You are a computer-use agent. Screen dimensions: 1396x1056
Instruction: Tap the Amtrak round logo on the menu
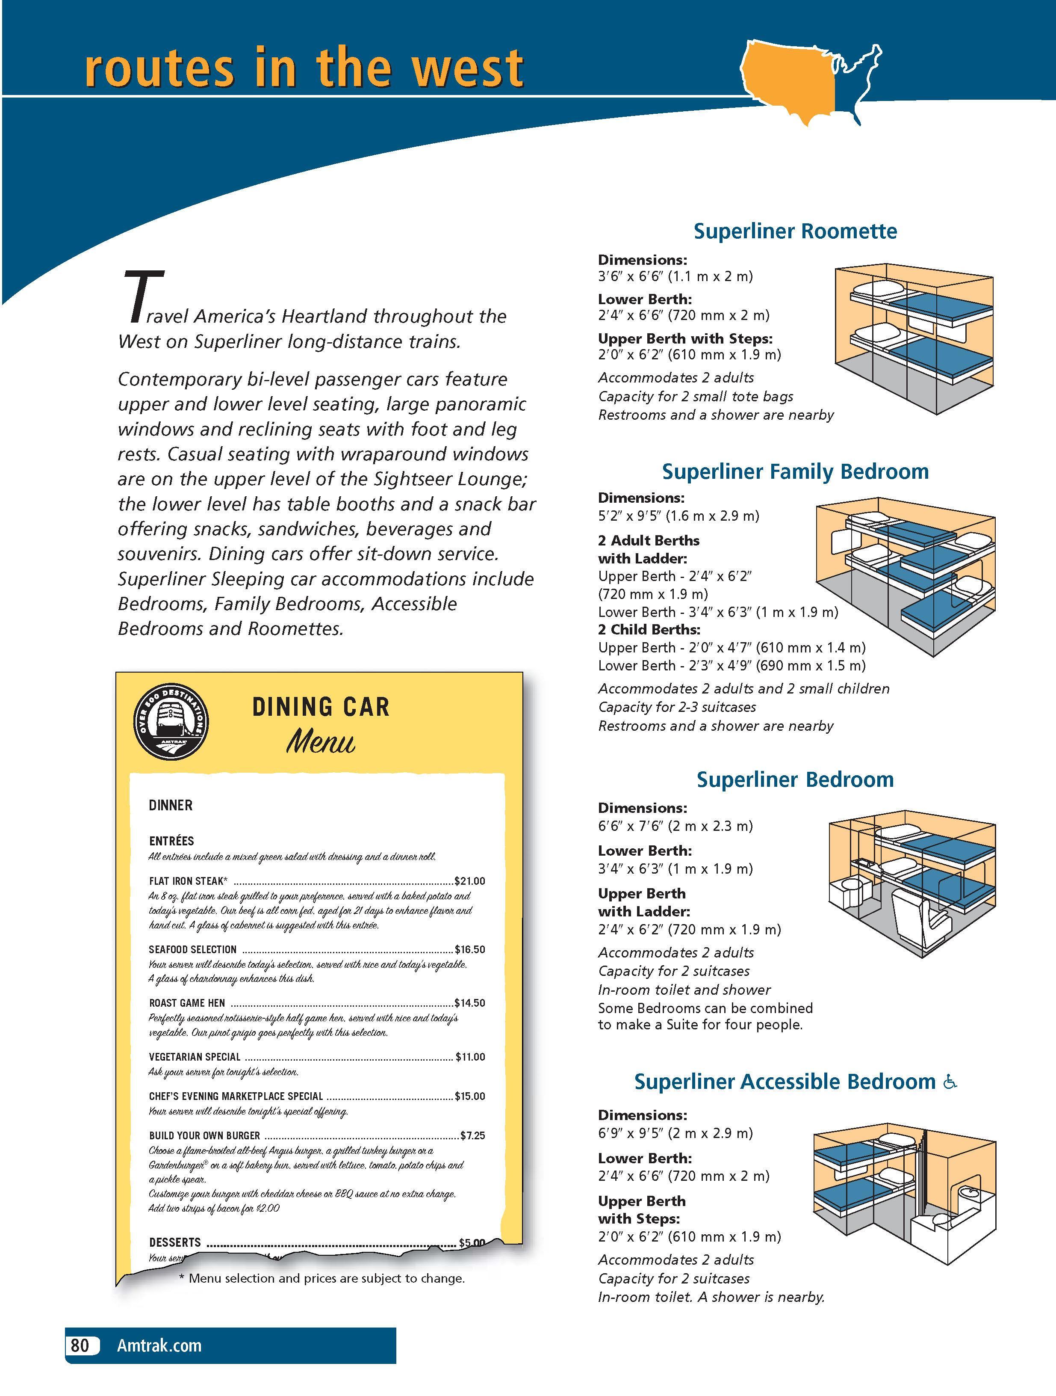click(x=171, y=723)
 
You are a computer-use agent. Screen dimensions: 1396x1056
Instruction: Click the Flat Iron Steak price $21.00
click(x=470, y=881)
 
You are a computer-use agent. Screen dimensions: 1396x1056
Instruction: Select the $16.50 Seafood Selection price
click(x=470, y=949)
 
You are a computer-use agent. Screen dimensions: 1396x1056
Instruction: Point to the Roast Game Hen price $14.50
click(x=470, y=1003)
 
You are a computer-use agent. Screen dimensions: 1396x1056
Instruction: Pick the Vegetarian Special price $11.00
click(x=471, y=1056)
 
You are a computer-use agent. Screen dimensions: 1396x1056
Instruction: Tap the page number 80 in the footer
click(x=80, y=1346)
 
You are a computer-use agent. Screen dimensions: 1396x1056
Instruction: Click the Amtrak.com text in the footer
click(x=159, y=1346)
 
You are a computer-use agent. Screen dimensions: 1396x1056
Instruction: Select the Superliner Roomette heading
click(x=795, y=231)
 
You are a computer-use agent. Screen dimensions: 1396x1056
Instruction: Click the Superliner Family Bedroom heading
click(x=795, y=471)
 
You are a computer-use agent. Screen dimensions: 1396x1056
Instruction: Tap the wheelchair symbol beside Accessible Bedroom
click(x=950, y=1082)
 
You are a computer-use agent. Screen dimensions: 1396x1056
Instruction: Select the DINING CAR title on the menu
click(x=321, y=707)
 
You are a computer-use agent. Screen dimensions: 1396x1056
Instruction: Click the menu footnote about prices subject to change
click(x=322, y=1279)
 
